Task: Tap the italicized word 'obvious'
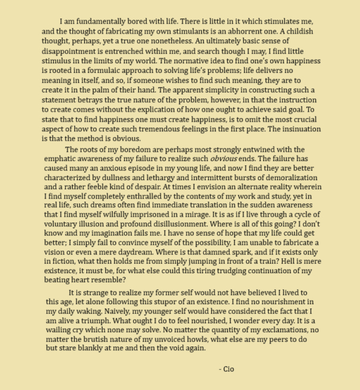point(226,159)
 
